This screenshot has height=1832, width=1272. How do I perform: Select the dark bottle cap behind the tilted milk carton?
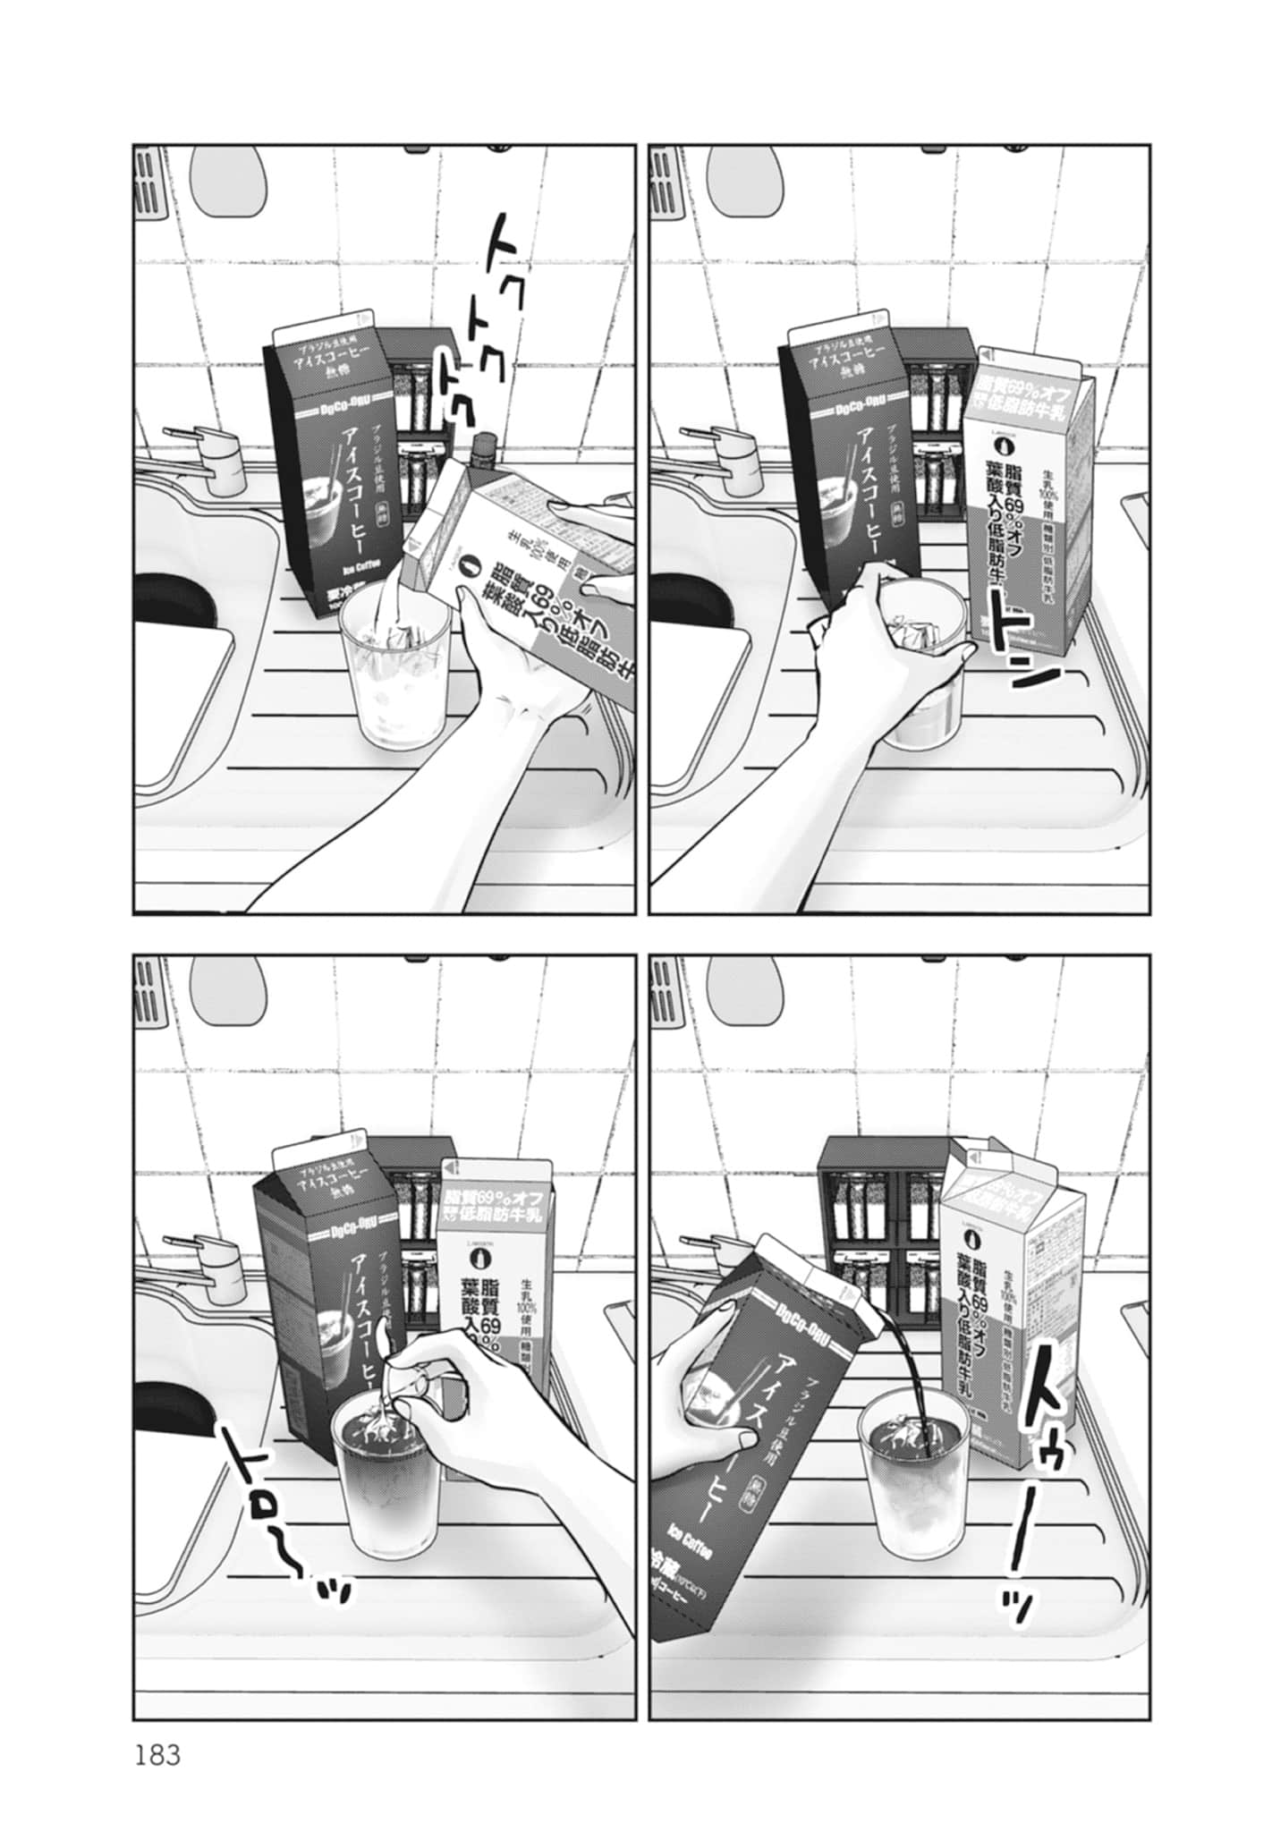point(484,445)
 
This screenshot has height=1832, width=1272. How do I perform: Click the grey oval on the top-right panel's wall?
point(747,180)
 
